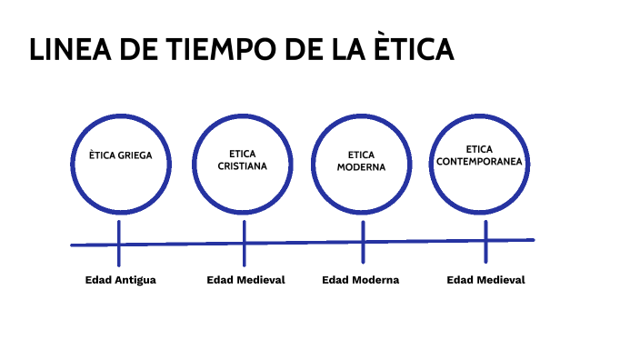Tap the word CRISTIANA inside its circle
point(243,166)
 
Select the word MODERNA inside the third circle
point(361,167)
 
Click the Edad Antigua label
point(120,280)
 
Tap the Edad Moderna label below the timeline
point(360,280)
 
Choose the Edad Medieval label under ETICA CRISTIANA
point(245,280)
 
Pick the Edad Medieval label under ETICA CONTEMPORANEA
point(485,280)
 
